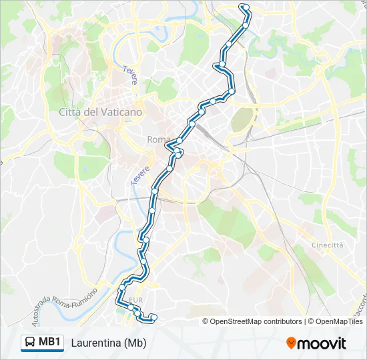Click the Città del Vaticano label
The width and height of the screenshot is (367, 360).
(100, 112)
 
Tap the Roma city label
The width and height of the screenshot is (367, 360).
(158, 139)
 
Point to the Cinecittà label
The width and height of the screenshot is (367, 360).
(328, 245)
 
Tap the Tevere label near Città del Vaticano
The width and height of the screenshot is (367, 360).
(130, 75)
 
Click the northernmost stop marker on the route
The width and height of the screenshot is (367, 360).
(244, 7)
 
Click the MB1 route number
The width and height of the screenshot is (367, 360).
(50, 343)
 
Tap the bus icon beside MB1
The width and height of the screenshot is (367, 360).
(30, 343)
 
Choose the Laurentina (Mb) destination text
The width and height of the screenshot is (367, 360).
(108, 343)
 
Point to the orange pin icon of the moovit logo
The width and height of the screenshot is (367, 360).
(292, 343)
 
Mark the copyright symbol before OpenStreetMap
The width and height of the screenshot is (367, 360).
(206, 321)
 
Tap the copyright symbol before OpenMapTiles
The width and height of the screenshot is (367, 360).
(310, 321)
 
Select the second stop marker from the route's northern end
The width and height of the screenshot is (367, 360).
(246, 25)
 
